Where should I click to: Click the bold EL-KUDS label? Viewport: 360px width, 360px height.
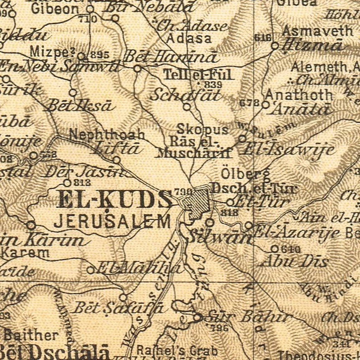tap(114, 199)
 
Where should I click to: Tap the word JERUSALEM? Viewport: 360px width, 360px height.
tap(112, 221)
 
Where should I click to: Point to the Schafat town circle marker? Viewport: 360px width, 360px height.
tap(187, 106)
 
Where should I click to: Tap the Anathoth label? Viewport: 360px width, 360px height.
tap(299, 95)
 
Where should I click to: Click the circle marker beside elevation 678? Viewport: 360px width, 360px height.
tap(266, 105)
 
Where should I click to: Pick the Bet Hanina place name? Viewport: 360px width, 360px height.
tap(171, 57)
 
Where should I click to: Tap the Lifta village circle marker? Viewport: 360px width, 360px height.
tap(117, 160)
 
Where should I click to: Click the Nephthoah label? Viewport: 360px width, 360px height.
tap(107, 134)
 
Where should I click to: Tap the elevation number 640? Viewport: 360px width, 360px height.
tap(291, 249)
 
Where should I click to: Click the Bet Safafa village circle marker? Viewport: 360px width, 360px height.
tap(123, 297)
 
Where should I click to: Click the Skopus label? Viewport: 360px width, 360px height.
tap(203, 129)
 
